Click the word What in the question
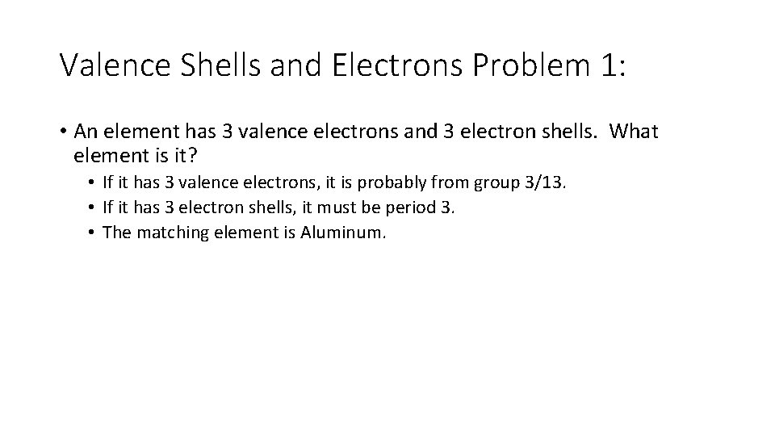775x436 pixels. [x=635, y=131]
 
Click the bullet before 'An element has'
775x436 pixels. [x=63, y=132]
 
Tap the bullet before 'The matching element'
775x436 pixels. [x=94, y=233]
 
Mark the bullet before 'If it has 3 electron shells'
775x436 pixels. [x=94, y=208]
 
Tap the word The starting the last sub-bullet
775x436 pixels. [x=116, y=233]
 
